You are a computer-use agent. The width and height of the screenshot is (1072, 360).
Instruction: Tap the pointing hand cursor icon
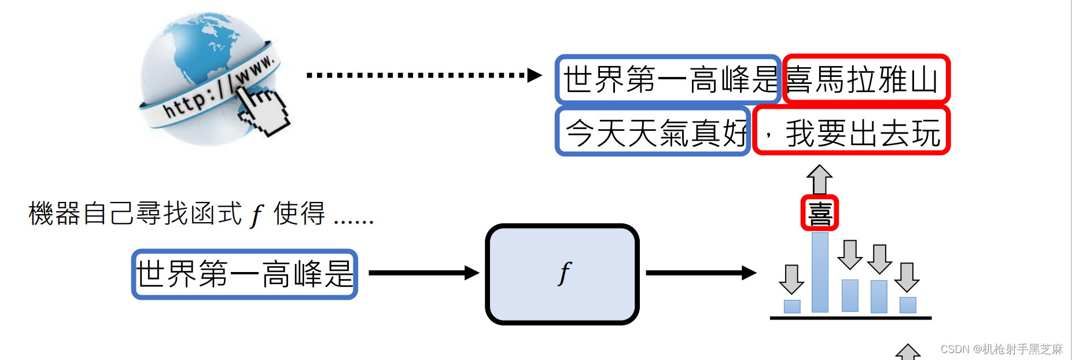coord(263,110)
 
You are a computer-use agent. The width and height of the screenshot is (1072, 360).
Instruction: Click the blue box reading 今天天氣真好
coord(653,132)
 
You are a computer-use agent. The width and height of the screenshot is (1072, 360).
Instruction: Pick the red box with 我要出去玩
coord(852,131)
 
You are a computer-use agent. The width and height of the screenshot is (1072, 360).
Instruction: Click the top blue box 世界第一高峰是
coord(668,79)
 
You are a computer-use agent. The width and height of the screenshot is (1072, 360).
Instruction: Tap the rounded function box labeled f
coord(562,274)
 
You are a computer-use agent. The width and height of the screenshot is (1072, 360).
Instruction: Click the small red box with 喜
coord(819,213)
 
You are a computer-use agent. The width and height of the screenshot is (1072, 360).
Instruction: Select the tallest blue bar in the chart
coord(820,272)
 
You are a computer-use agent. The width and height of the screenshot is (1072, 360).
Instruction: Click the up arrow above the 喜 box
coord(819,179)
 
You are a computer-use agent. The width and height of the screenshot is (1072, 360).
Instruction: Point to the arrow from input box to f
coord(422,273)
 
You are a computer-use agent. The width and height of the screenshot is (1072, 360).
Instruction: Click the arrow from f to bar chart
coord(700,273)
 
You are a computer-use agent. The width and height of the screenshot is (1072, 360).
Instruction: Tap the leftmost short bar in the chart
coord(791,306)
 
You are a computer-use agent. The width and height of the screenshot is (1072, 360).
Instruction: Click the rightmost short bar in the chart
coord(908,305)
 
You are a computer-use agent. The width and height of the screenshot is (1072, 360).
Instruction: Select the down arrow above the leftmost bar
coord(791,279)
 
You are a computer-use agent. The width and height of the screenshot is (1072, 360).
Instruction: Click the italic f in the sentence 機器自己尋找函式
coord(256,215)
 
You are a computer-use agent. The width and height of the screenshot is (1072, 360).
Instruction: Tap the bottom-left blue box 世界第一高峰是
coord(244,274)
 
